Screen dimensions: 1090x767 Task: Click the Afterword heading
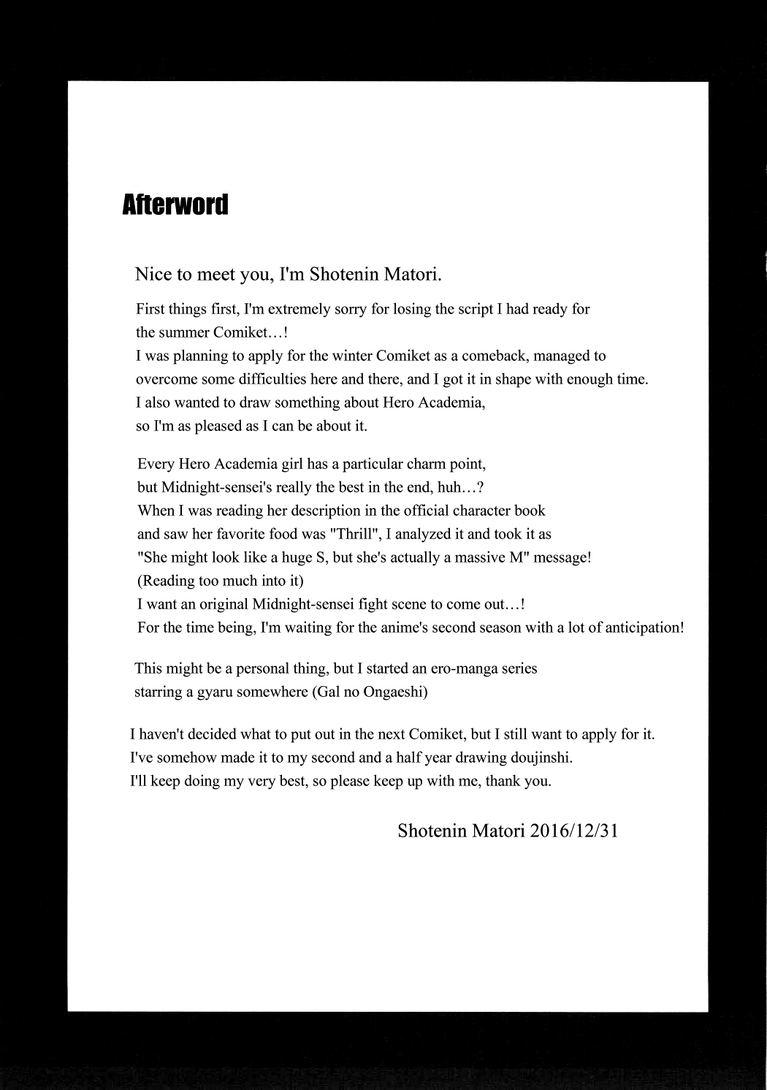point(175,205)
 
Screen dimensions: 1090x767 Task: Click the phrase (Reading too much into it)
point(221,581)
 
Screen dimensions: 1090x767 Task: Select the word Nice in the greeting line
point(152,275)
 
